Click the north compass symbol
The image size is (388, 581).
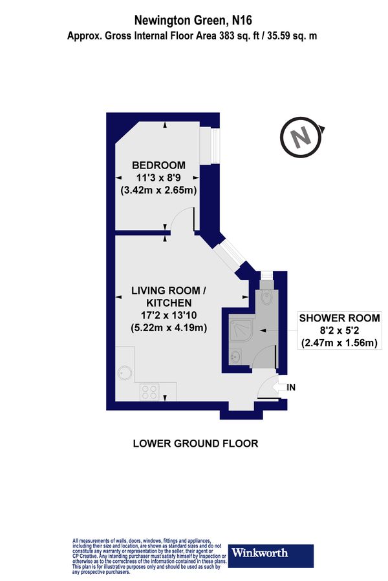tap(300, 138)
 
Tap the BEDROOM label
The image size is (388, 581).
tap(158, 165)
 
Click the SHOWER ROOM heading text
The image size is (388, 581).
tap(339, 318)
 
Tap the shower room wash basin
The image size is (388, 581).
tap(236, 356)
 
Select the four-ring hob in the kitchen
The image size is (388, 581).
tap(151, 391)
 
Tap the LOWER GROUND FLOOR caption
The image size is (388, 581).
tap(195, 443)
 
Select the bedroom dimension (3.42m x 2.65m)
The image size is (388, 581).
tap(158, 190)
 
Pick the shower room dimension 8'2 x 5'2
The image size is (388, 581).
tap(339, 331)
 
